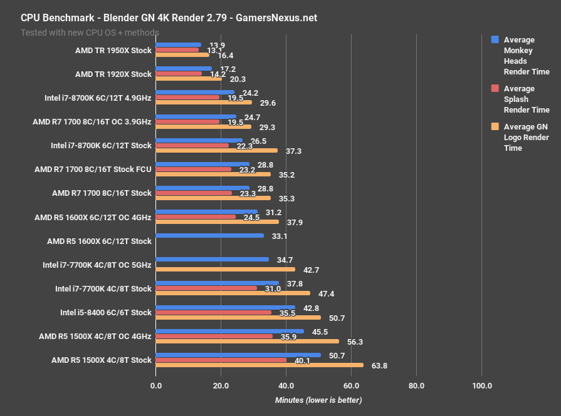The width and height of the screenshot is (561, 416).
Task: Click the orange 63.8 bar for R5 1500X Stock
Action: (259, 365)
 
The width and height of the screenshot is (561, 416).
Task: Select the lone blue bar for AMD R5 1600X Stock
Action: (209, 236)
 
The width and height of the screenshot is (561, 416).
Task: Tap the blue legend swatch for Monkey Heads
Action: (495, 39)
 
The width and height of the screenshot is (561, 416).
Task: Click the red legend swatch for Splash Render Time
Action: (495, 88)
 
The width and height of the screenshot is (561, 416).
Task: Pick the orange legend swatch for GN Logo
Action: (495, 127)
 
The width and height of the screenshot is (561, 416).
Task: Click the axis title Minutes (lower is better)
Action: (318, 400)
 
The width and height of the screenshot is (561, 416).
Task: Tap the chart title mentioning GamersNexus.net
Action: (169, 18)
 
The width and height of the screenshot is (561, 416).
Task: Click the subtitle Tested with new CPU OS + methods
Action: (90, 32)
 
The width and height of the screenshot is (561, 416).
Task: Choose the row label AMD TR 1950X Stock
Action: (113, 50)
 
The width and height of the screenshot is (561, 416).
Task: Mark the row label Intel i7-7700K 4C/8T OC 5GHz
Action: (98, 265)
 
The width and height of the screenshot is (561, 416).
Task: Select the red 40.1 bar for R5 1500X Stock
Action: (221, 360)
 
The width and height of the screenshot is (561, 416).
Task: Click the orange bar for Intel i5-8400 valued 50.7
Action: (238, 317)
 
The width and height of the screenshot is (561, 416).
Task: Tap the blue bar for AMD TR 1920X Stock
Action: (183, 69)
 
